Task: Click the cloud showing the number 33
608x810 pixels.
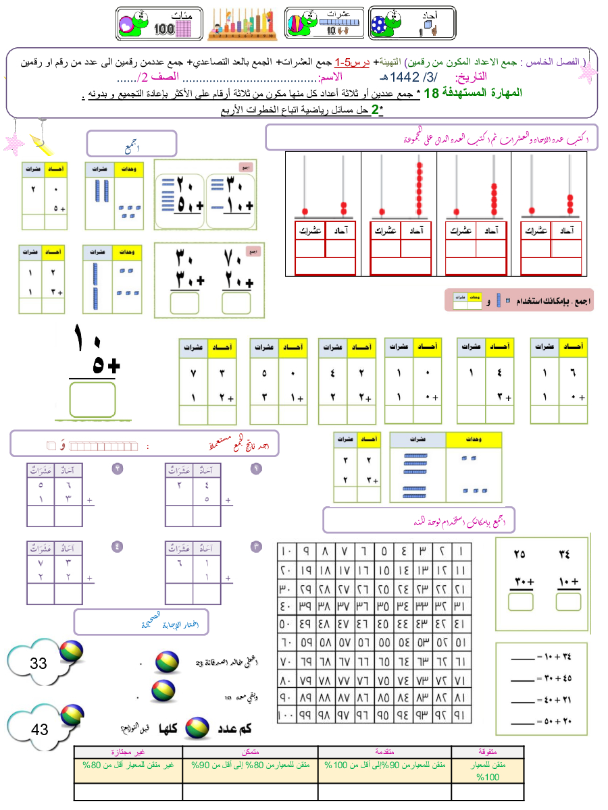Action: [38, 664]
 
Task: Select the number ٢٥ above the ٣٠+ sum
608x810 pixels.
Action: [520, 555]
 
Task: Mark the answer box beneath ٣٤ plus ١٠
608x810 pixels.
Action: [569, 599]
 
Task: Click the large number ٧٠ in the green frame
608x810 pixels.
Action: [234, 258]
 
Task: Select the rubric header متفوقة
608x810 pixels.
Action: [497, 751]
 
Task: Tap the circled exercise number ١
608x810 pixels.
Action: [256, 468]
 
